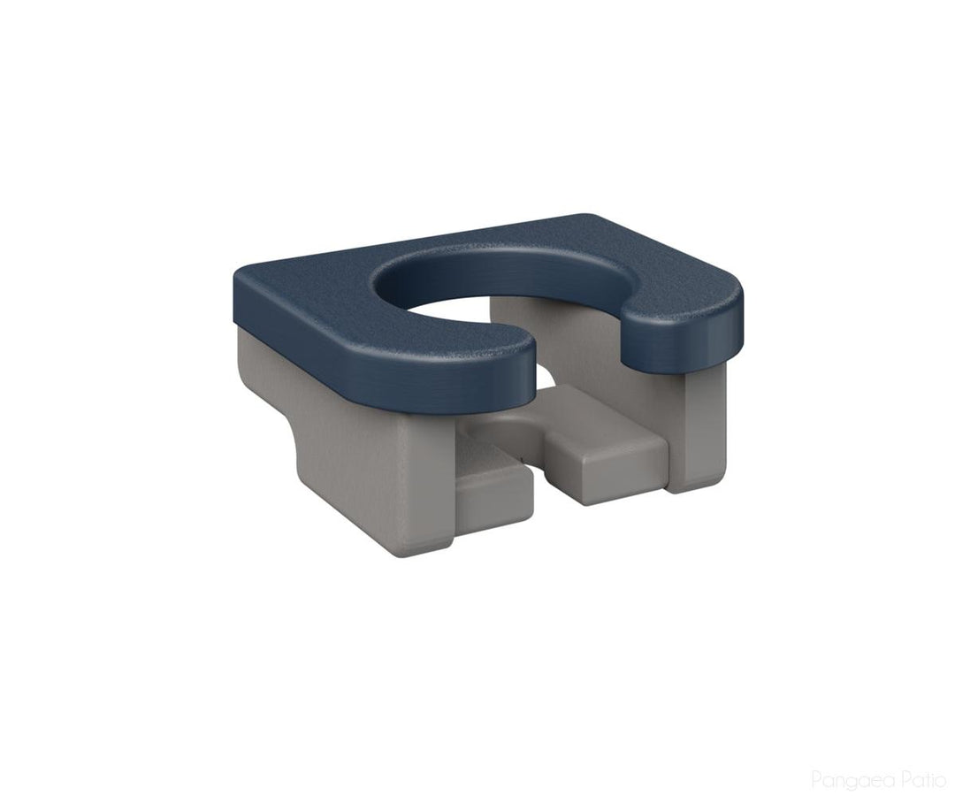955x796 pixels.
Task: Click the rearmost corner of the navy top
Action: pos(588,218)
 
